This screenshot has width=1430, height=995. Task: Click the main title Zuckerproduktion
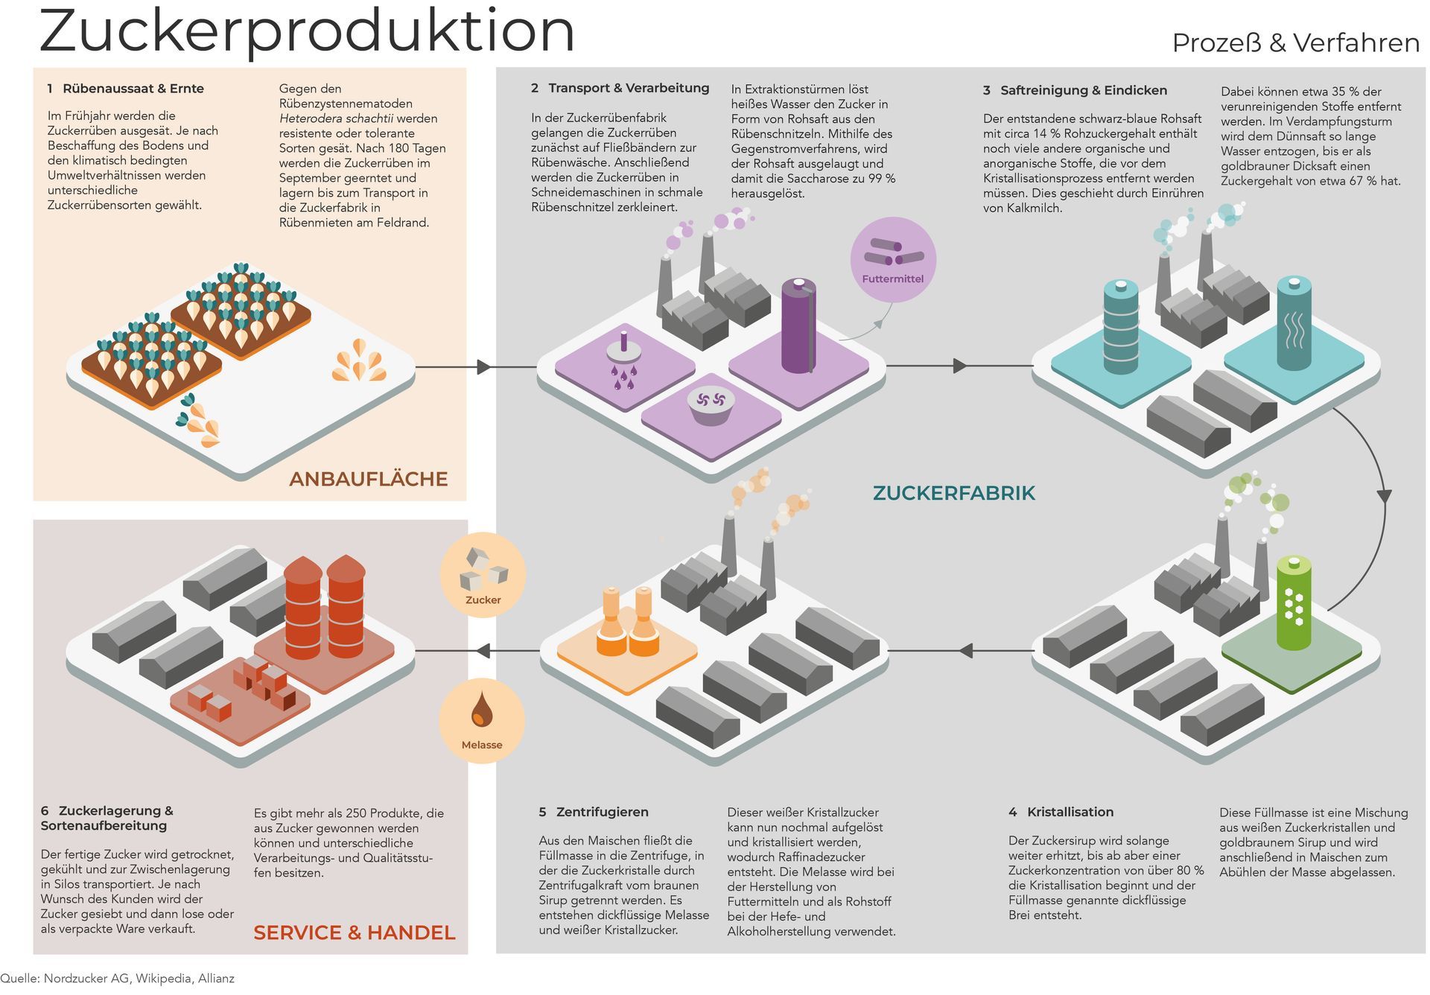307,31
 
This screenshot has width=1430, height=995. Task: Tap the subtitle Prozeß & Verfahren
1295,43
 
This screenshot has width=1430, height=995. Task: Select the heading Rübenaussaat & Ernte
133,89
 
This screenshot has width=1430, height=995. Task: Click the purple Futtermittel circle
892,259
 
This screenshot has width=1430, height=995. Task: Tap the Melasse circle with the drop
482,720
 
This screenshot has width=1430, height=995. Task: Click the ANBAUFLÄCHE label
368,479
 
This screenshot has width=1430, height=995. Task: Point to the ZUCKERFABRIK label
953,493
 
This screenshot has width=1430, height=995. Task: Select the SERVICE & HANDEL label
354,932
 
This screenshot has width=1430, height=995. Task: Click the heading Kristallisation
1070,812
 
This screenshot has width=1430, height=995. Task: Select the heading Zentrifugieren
602,812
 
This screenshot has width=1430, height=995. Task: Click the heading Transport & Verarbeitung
629,88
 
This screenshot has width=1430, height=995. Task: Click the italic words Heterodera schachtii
336,118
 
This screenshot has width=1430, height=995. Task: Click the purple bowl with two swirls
711,404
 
